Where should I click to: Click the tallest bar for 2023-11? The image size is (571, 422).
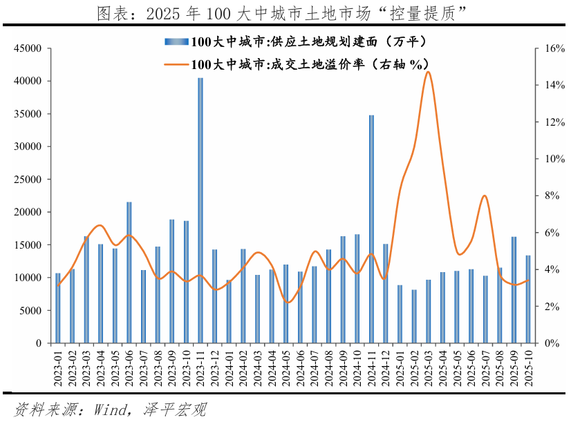tap(200, 210)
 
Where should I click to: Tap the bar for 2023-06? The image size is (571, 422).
tap(129, 272)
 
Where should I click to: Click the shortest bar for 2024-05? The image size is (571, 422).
tap(285, 303)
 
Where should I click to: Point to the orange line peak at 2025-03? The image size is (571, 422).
tap(428, 72)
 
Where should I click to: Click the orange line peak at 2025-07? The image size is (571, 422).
tap(485, 195)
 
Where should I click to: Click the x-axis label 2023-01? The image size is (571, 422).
tap(58, 366)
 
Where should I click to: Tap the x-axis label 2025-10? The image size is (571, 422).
tap(528, 366)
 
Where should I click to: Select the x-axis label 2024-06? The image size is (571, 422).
tap(300, 366)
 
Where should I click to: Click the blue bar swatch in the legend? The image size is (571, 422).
tap(176, 42)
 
